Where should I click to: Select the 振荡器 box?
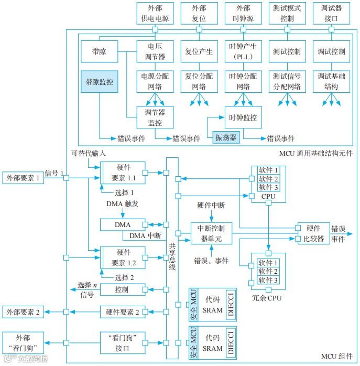225,137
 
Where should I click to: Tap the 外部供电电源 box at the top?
155,14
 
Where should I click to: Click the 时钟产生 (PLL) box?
243,51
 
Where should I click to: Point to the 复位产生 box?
199,51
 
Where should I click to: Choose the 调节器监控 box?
155,117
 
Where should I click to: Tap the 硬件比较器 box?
313,233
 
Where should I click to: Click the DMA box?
122,224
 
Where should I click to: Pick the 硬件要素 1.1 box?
122,173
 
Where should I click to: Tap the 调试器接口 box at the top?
331,14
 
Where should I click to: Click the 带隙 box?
100,51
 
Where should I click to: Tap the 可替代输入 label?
89,153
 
